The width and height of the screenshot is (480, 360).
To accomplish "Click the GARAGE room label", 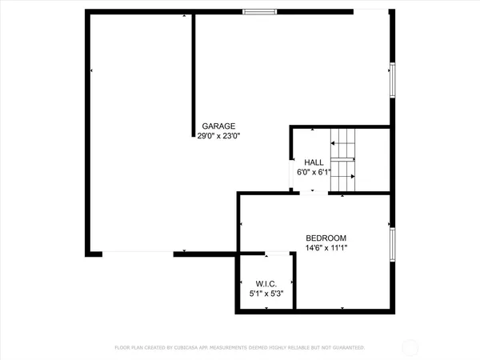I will [218, 126].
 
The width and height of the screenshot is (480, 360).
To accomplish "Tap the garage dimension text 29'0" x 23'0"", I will [218, 136].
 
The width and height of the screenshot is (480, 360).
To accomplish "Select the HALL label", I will [314, 162].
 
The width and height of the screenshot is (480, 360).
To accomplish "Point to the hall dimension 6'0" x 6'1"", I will [314, 172].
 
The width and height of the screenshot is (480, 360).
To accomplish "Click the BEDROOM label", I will [326, 238].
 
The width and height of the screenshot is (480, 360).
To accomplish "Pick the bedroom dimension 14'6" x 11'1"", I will [326, 248].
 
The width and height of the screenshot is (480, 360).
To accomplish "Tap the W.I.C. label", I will [266, 284].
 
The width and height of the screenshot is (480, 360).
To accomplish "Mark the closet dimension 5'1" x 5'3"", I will [266, 294].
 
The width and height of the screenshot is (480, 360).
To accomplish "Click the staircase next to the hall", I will [342, 159].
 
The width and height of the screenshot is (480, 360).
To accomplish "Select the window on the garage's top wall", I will [260, 11].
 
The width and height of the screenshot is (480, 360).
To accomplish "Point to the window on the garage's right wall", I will [392, 80].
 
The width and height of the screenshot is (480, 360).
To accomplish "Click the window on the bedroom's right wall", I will [392, 244].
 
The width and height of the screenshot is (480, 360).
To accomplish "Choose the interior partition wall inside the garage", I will [193, 72].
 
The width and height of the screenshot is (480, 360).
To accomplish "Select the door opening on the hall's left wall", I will [291, 172].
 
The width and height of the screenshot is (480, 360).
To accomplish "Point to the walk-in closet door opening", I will [277, 254].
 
